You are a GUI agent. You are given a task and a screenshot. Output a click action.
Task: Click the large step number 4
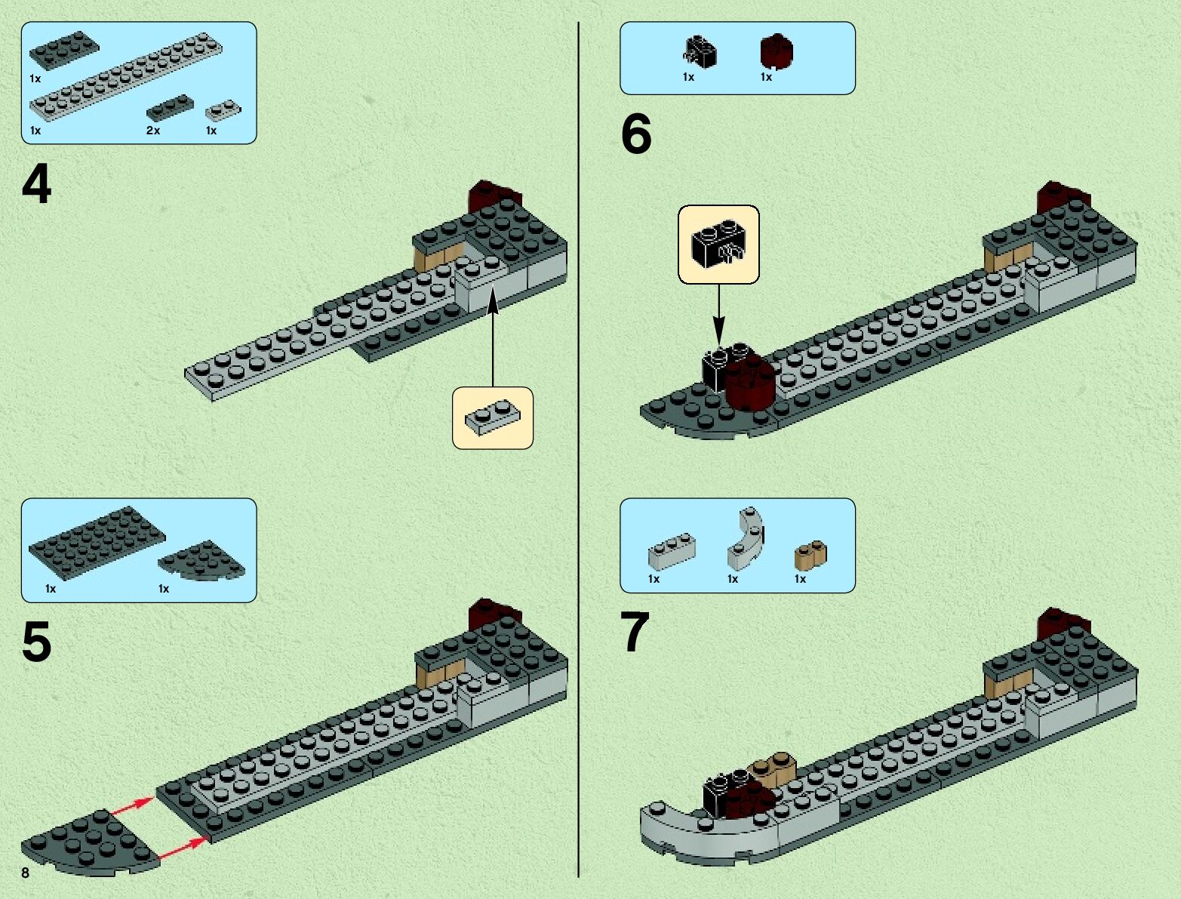point(36,186)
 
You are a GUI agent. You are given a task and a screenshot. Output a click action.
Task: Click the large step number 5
point(36,642)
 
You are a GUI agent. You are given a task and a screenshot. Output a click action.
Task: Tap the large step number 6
point(635,135)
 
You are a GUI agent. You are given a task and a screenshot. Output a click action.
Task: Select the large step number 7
point(634,633)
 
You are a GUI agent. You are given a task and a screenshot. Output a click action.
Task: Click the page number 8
point(26,873)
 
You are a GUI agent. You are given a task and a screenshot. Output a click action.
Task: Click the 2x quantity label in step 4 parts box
point(153,131)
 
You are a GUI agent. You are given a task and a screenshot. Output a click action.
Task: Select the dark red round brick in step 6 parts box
point(776,52)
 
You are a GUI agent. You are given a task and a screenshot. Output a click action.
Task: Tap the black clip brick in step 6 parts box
point(701,52)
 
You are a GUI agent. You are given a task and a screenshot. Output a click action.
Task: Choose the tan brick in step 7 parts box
point(810,555)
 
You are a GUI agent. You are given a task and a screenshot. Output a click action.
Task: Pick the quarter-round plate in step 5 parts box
point(203,562)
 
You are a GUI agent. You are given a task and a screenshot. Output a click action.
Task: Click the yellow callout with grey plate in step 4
point(493,418)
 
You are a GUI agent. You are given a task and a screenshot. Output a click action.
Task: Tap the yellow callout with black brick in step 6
point(718,245)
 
